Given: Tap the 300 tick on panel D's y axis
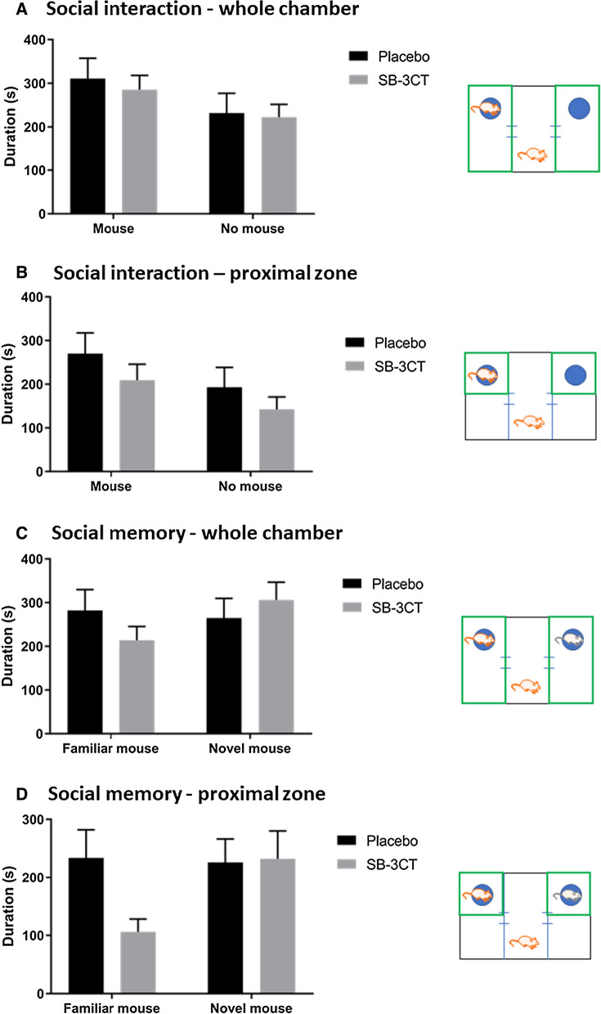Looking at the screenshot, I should pyautogui.click(x=47, y=819).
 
